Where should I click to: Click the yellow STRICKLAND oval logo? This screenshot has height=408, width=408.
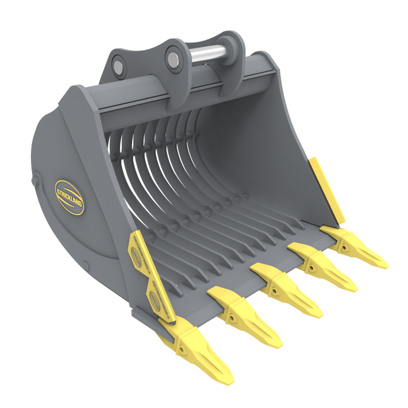[69, 197]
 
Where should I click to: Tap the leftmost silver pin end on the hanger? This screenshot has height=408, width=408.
[118, 65]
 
